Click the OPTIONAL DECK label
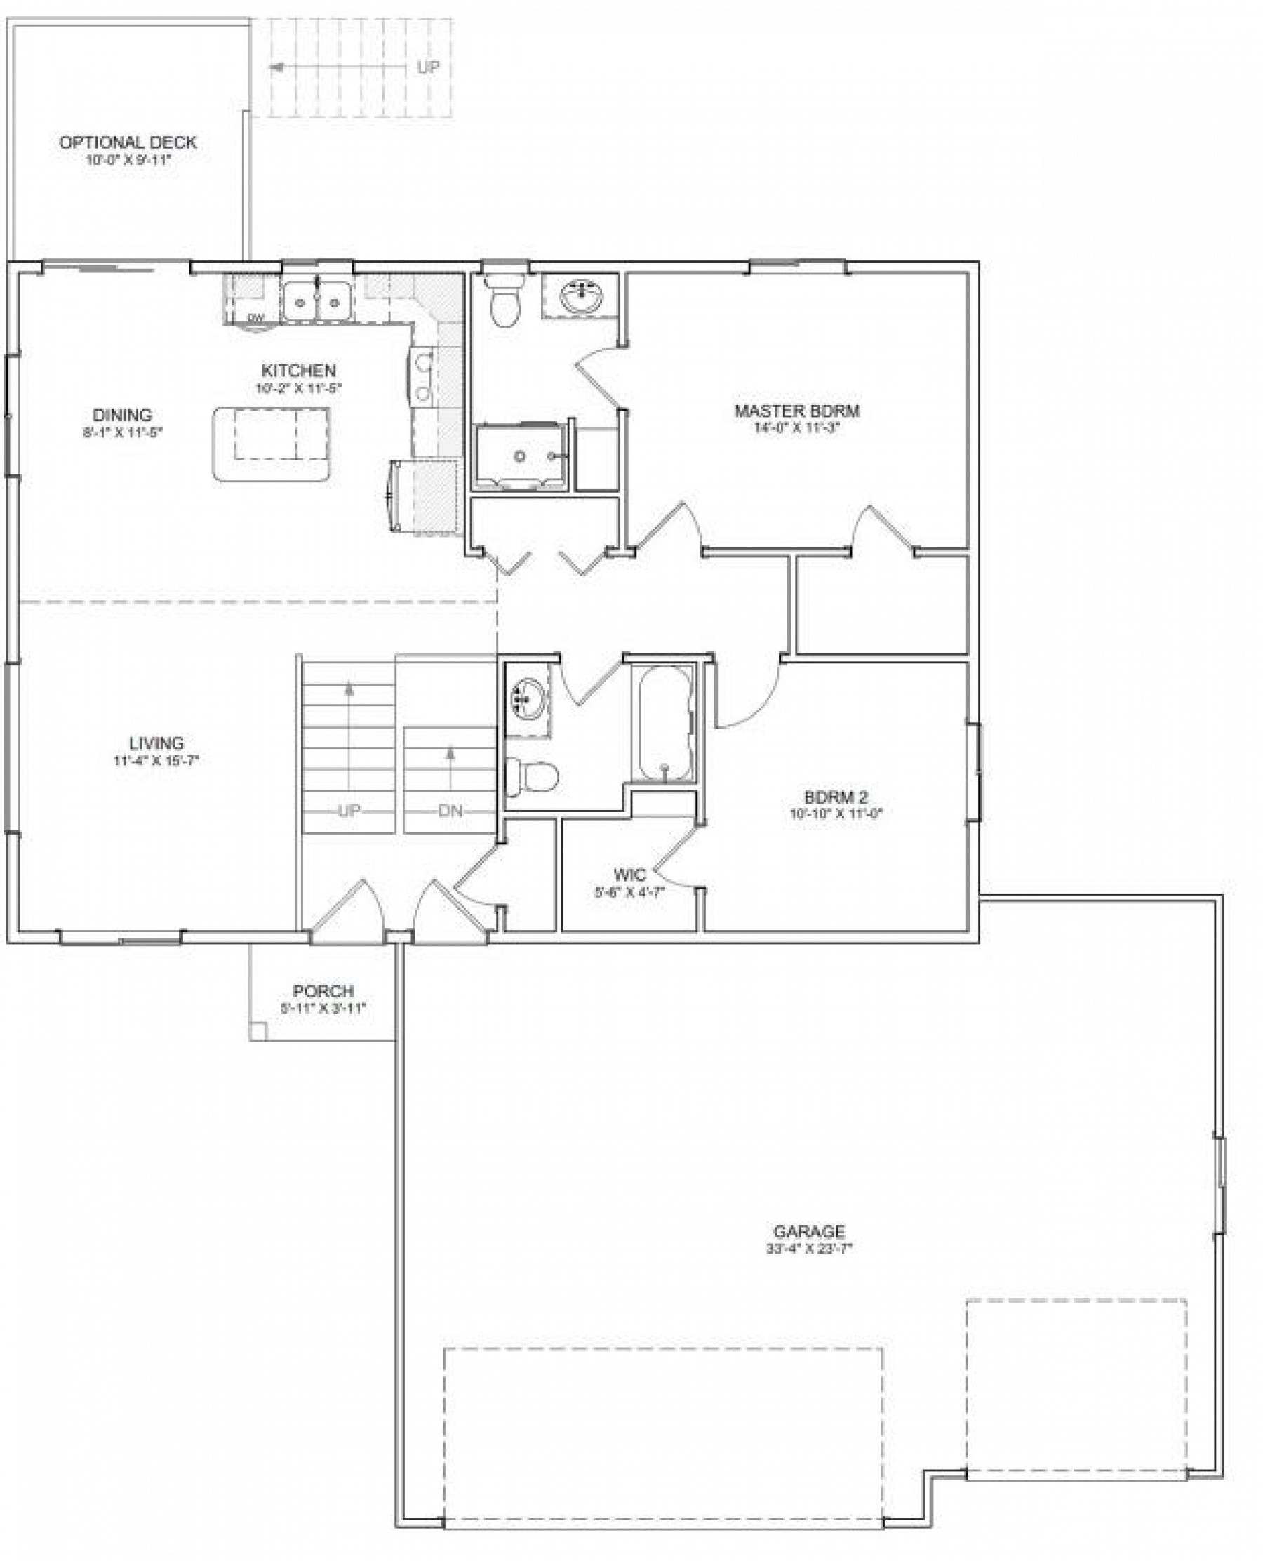tap(128, 142)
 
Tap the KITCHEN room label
tap(298, 371)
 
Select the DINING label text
tap(122, 416)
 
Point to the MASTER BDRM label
tap(796, 411)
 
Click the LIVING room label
tap(156, 744)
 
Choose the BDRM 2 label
tap(836, 797)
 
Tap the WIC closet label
tap(629, 875)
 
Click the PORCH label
tap(323, 991)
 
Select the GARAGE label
tap(809, 1232)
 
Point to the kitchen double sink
tap(316, 301)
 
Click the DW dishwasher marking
tap(255, 318)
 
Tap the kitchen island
tap(271, 443)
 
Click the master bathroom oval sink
tap(580, 295)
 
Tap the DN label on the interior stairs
tap(450, 811)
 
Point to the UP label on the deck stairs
tap(429, 67)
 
